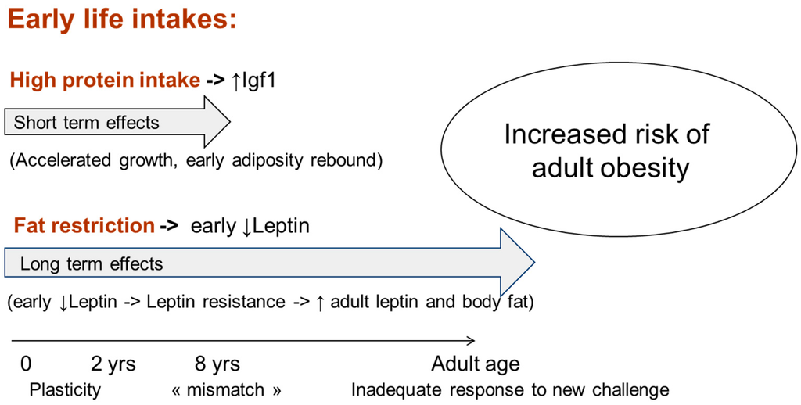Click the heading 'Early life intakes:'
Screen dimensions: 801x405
tap(122, 20)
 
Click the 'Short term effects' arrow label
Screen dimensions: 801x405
tap(86, 123)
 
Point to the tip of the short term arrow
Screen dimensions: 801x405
tap(231, 122)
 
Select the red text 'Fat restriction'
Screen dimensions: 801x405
tap(84, 225)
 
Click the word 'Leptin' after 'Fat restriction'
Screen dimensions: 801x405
tap(281, 225)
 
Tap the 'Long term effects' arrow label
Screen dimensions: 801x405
tap(92, 264)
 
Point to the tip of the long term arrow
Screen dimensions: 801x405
tap(534, 263)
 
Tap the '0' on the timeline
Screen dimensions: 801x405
tap(26, 364)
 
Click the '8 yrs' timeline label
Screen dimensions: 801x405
tap(217, 364)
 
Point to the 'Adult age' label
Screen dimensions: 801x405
tap(476, 364)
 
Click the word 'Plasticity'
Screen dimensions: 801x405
tap(65, 390)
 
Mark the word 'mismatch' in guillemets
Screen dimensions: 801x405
tap(226, 390)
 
